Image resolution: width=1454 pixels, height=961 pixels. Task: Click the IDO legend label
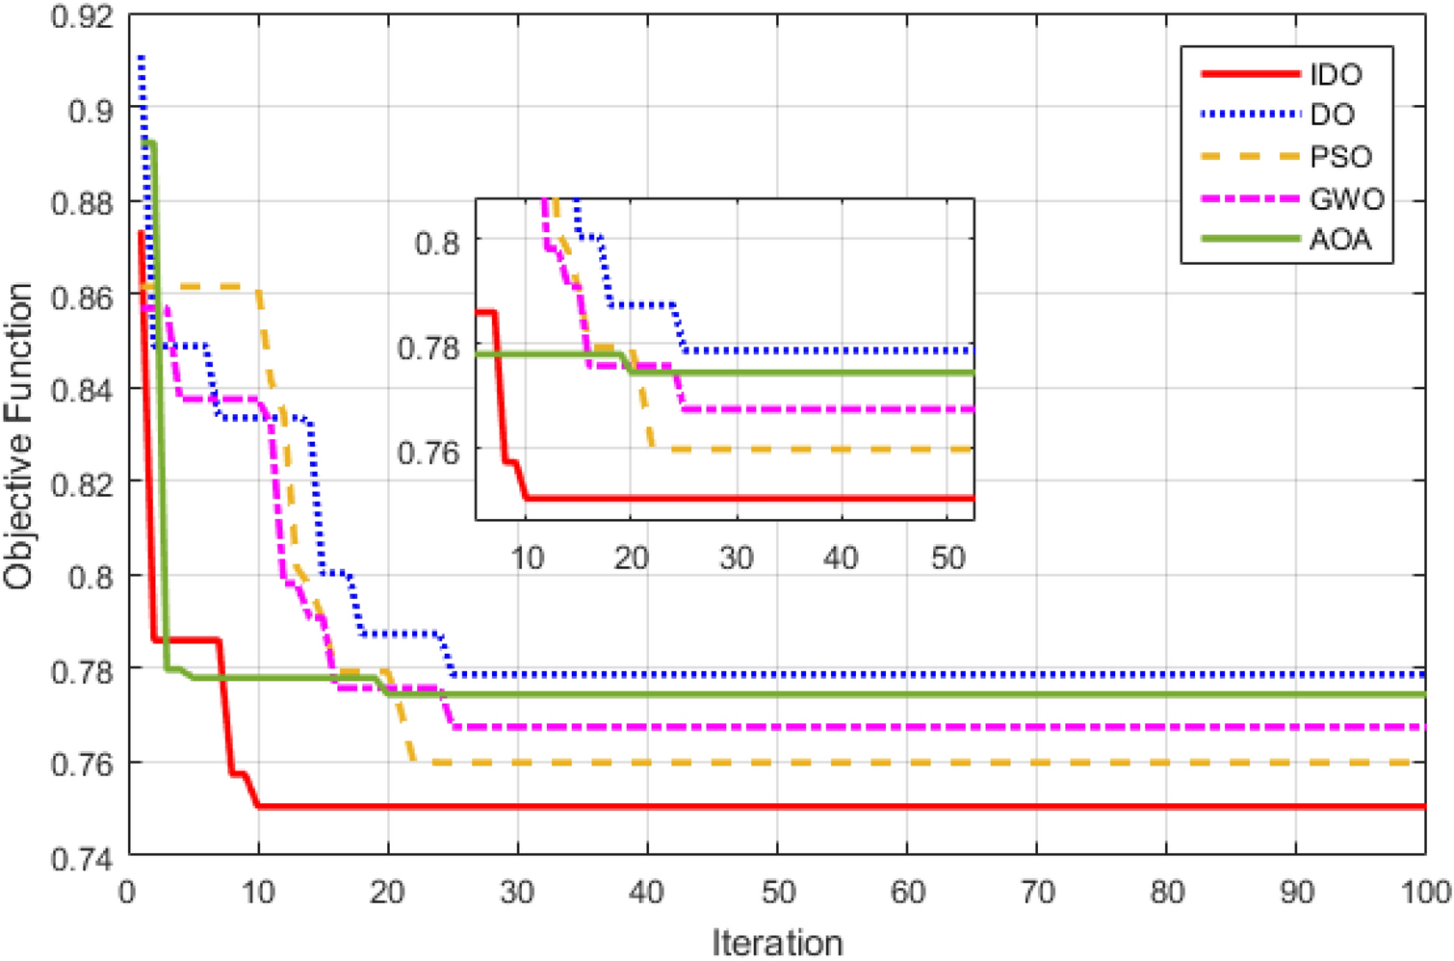tap(1336, 74)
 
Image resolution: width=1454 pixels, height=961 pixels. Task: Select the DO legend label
tap(1332, 115)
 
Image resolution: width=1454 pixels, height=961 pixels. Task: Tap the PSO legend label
tap(1340, 157)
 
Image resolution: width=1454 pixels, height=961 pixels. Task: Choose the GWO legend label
tap(1346, 199)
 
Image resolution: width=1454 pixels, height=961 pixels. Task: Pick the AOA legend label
tap(1339, 240)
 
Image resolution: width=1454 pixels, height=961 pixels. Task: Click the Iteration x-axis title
tap(777, 942)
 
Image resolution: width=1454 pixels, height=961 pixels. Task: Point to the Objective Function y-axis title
tap(19, 436)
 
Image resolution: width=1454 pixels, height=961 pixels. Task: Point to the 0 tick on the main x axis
tap(127, 892)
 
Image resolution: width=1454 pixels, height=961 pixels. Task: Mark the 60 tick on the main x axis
tap(907, 892)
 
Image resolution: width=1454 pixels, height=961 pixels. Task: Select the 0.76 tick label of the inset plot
tap(428, 451)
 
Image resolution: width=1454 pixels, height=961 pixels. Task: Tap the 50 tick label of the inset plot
tap(948, 558)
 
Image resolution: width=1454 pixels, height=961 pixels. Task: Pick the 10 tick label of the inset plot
tap(527, 558)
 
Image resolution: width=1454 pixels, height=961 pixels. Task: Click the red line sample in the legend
tap(1250, 74)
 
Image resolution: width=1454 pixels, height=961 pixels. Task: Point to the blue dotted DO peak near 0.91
tap(142, 60)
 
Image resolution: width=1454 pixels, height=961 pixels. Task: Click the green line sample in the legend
tap(1250, 239)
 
